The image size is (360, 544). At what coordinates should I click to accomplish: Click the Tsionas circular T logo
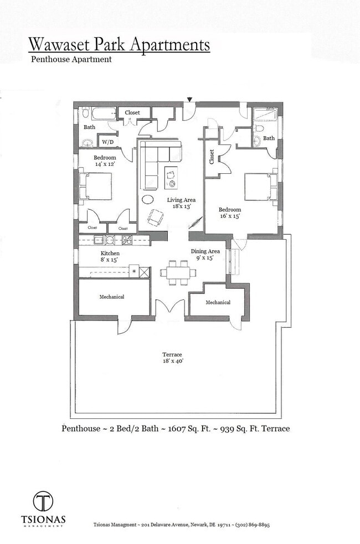(x=43, y=502)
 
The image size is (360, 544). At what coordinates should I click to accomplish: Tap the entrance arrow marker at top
(x=190, y=100)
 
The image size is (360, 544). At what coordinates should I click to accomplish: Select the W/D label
(x=107, y=142)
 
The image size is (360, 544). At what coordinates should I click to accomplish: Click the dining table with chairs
(x=178, y=272)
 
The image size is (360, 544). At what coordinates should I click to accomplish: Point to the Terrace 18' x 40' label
(x=172, y=358)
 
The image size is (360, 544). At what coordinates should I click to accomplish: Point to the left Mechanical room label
(x=112, y=297)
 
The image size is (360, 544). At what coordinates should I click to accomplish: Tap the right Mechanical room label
(x=218, y=303)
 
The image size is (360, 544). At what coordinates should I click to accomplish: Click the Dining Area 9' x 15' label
(x=205, y=255)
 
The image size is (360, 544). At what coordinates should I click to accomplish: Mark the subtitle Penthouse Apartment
(x=71, y=59)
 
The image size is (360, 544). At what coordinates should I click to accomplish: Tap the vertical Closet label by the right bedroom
(x=212, y=157)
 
